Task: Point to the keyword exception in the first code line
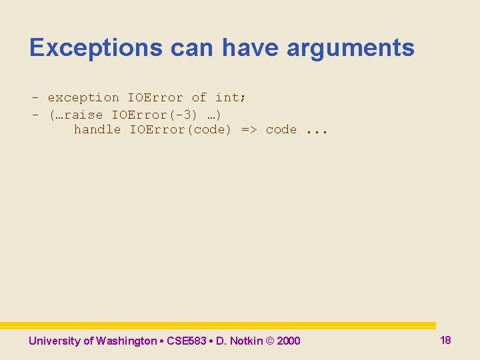(83, 97)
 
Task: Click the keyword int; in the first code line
(231, 97)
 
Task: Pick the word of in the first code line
(199, 97)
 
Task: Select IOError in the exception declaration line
(155, 97)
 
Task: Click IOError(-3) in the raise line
(155, 114)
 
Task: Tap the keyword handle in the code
(97, 129)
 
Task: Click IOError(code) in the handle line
(180, 129)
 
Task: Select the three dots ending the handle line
(317, 131)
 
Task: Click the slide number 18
(445, 340)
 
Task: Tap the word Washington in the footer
(125, 341)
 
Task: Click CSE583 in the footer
(186, 341)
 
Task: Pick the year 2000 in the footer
(288, 341)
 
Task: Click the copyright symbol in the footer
(270, 341)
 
